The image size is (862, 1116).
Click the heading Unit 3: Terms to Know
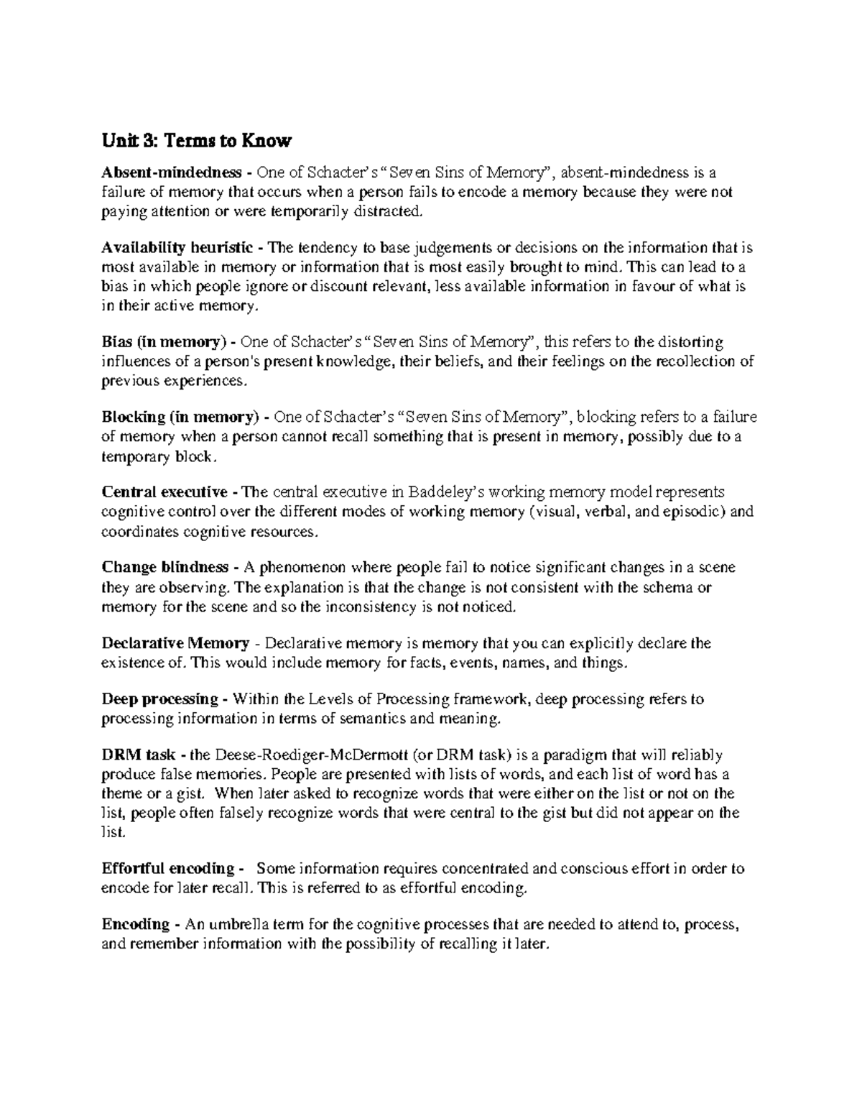pyautogui.click(x=196, y=141)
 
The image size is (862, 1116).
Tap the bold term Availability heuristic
pyautogui.click(x=177, y=248)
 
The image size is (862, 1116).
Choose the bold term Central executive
pyautogui.click(x=164, y=492)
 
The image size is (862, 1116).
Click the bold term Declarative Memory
pyautogui.click(x=175, y=642)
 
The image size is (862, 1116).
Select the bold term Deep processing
pyautogui.click(x=159, y=698)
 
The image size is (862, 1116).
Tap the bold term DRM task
pyautogui.click(x=134, y=755)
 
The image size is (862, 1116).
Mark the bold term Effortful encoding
pyautogui.click(x=168, y=868)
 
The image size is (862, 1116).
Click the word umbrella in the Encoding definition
pyautogui.click(x=239, y=924)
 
